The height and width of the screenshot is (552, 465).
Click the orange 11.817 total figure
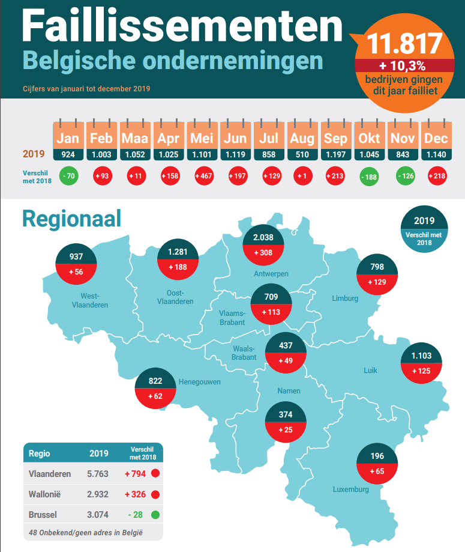click(x=404, y=43)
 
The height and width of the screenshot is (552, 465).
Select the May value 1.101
click(x=202, y=154)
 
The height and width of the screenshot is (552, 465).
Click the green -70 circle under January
click(x=68, y=176)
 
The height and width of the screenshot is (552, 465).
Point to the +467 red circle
click(x=204, y=176)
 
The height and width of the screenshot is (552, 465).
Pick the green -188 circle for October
click(x=369, y=177)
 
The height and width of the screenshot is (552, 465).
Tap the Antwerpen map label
click(x=271, y=273)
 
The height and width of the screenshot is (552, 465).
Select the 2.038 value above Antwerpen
click(x=263, y=238)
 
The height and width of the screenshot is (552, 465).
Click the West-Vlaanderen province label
click(x=89, y=300)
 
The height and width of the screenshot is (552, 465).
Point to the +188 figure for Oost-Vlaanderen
click(x=178, y=267)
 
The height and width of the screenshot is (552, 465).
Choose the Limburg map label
click(x=345, y=298)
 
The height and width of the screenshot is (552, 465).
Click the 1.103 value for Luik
click(x=421, y=356)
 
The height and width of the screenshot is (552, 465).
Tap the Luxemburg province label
click(x=350, y=490)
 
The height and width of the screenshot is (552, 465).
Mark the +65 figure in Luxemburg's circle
click(x=377, y=472)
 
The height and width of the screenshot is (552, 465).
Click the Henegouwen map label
click(x=199, y=382)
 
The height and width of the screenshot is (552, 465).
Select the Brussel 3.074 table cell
click(x=98, y=515)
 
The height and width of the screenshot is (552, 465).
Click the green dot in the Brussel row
click(x=155, y=515)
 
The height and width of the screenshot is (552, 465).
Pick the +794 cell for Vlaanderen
click(x=136, y=474)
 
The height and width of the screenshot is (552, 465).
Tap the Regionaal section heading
click(x=72, y=219)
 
